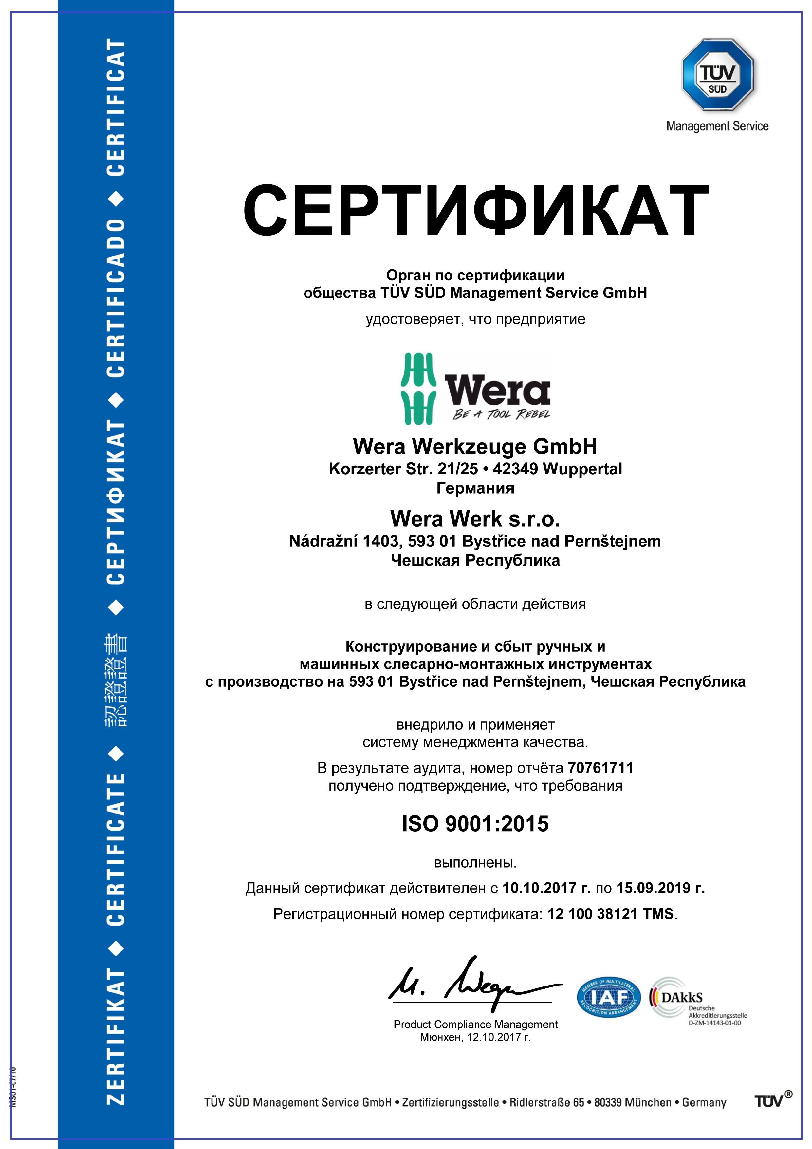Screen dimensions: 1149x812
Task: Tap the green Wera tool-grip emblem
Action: (x=418, y=389)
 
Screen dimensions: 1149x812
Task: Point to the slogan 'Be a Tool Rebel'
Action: (x=501, y=414)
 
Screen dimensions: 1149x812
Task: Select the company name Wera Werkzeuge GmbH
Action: (x=475, y=446)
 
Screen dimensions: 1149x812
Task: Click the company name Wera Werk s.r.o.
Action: (x=475, y=519)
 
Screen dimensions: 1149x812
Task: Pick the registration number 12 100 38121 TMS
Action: (x=611, y=914)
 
